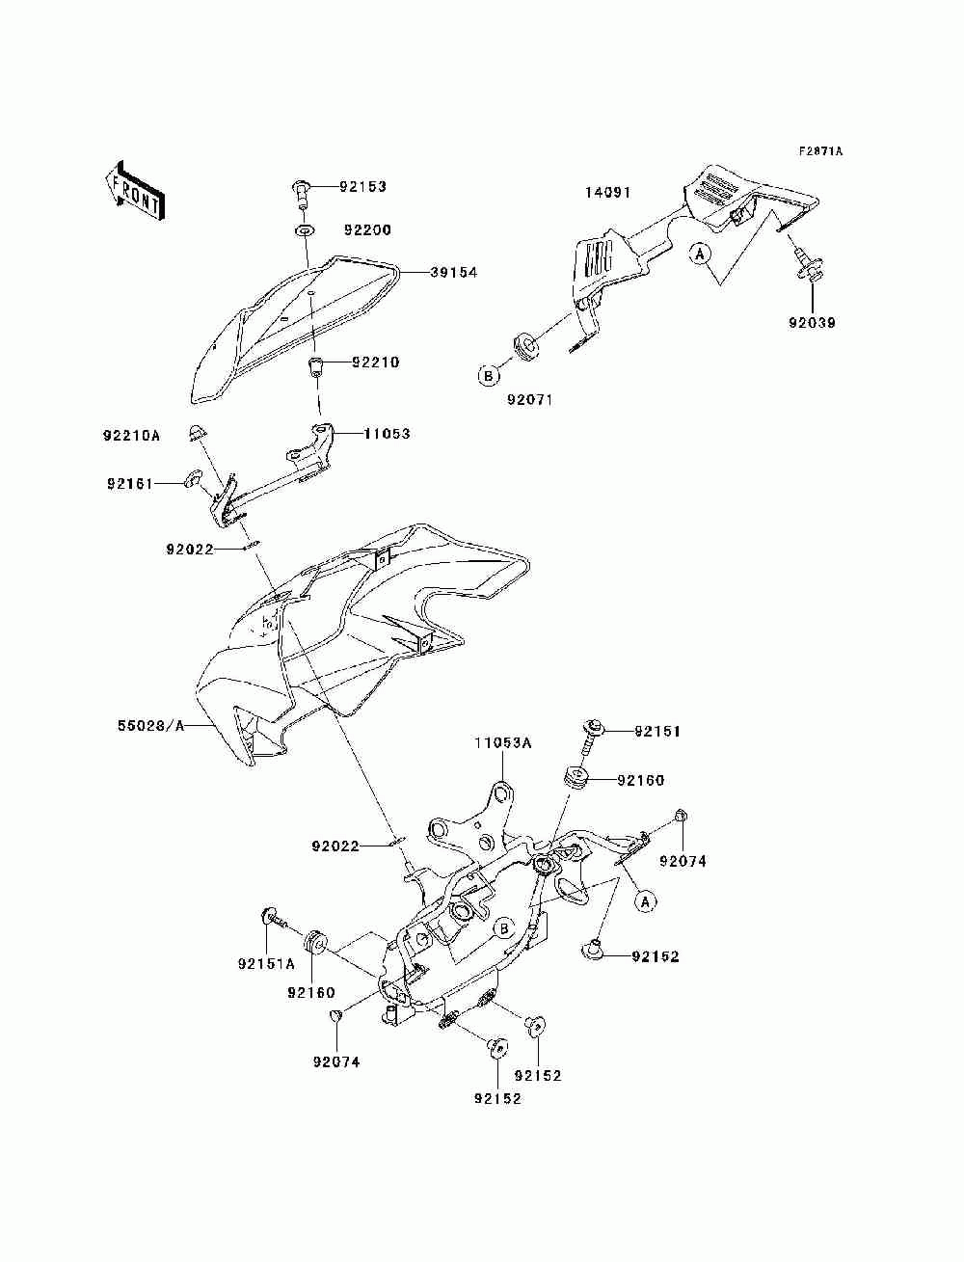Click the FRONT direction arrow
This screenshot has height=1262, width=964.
[135, 190]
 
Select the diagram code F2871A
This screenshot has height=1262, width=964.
[820, 151]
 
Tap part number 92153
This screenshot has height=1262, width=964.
[362, 187]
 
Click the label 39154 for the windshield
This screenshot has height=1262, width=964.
[453, 272]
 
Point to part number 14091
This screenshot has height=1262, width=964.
[607, 193]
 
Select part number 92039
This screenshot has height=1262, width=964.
[812, 323]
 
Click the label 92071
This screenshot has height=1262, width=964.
[529, 399]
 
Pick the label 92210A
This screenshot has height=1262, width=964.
[132, 436]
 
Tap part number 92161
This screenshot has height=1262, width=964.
[130, 484]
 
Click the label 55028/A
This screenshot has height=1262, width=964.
[151, 726]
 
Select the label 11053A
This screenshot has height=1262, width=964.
[503, 743]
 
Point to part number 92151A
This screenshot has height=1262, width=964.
[266, 963]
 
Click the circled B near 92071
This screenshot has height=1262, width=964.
[488, 376]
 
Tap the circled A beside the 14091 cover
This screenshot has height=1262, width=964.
[700, 253]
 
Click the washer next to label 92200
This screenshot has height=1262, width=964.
[305, 231]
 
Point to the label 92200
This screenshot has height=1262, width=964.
[367, 230]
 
